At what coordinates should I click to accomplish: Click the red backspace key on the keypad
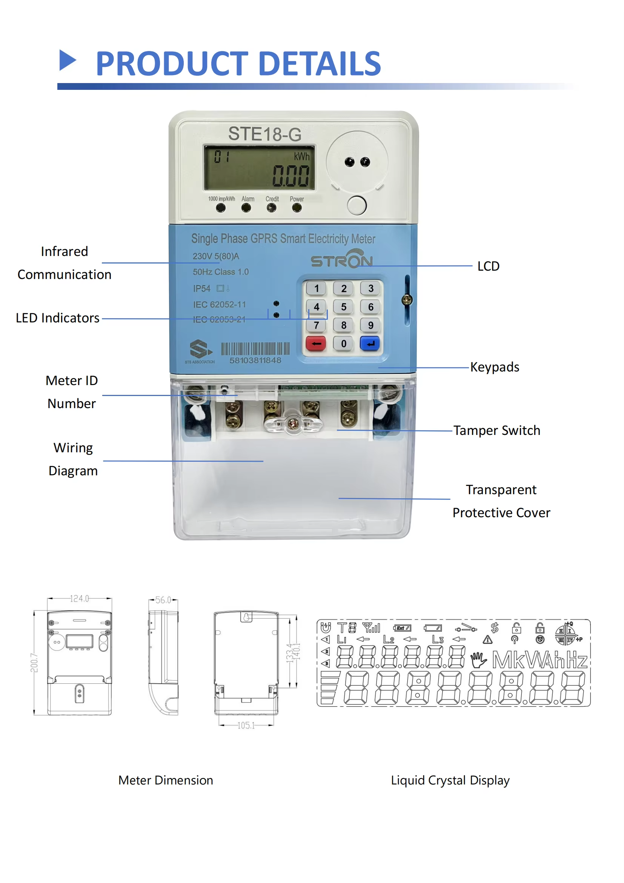(316, 344)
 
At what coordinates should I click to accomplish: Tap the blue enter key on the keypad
(370, 344)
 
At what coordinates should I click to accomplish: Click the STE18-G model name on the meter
(265, 134)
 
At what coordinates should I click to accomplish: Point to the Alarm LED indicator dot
(246, 208)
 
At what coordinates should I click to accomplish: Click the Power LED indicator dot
(297, 208)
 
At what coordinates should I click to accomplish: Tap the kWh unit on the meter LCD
(302, 157)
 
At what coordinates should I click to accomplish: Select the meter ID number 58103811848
(255, 361)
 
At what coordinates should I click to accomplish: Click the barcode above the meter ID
(255, 349)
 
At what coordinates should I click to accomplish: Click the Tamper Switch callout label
(496, 430)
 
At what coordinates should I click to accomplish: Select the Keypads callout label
(495, 367)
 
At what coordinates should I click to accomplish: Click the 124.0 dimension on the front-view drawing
(80, 598)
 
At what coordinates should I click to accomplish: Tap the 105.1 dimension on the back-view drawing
(246, 725)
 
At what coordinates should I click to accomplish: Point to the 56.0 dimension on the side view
(163, 600)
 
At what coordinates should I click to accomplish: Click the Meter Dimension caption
(166, 780)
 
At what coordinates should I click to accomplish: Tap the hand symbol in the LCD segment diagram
(479, 660)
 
